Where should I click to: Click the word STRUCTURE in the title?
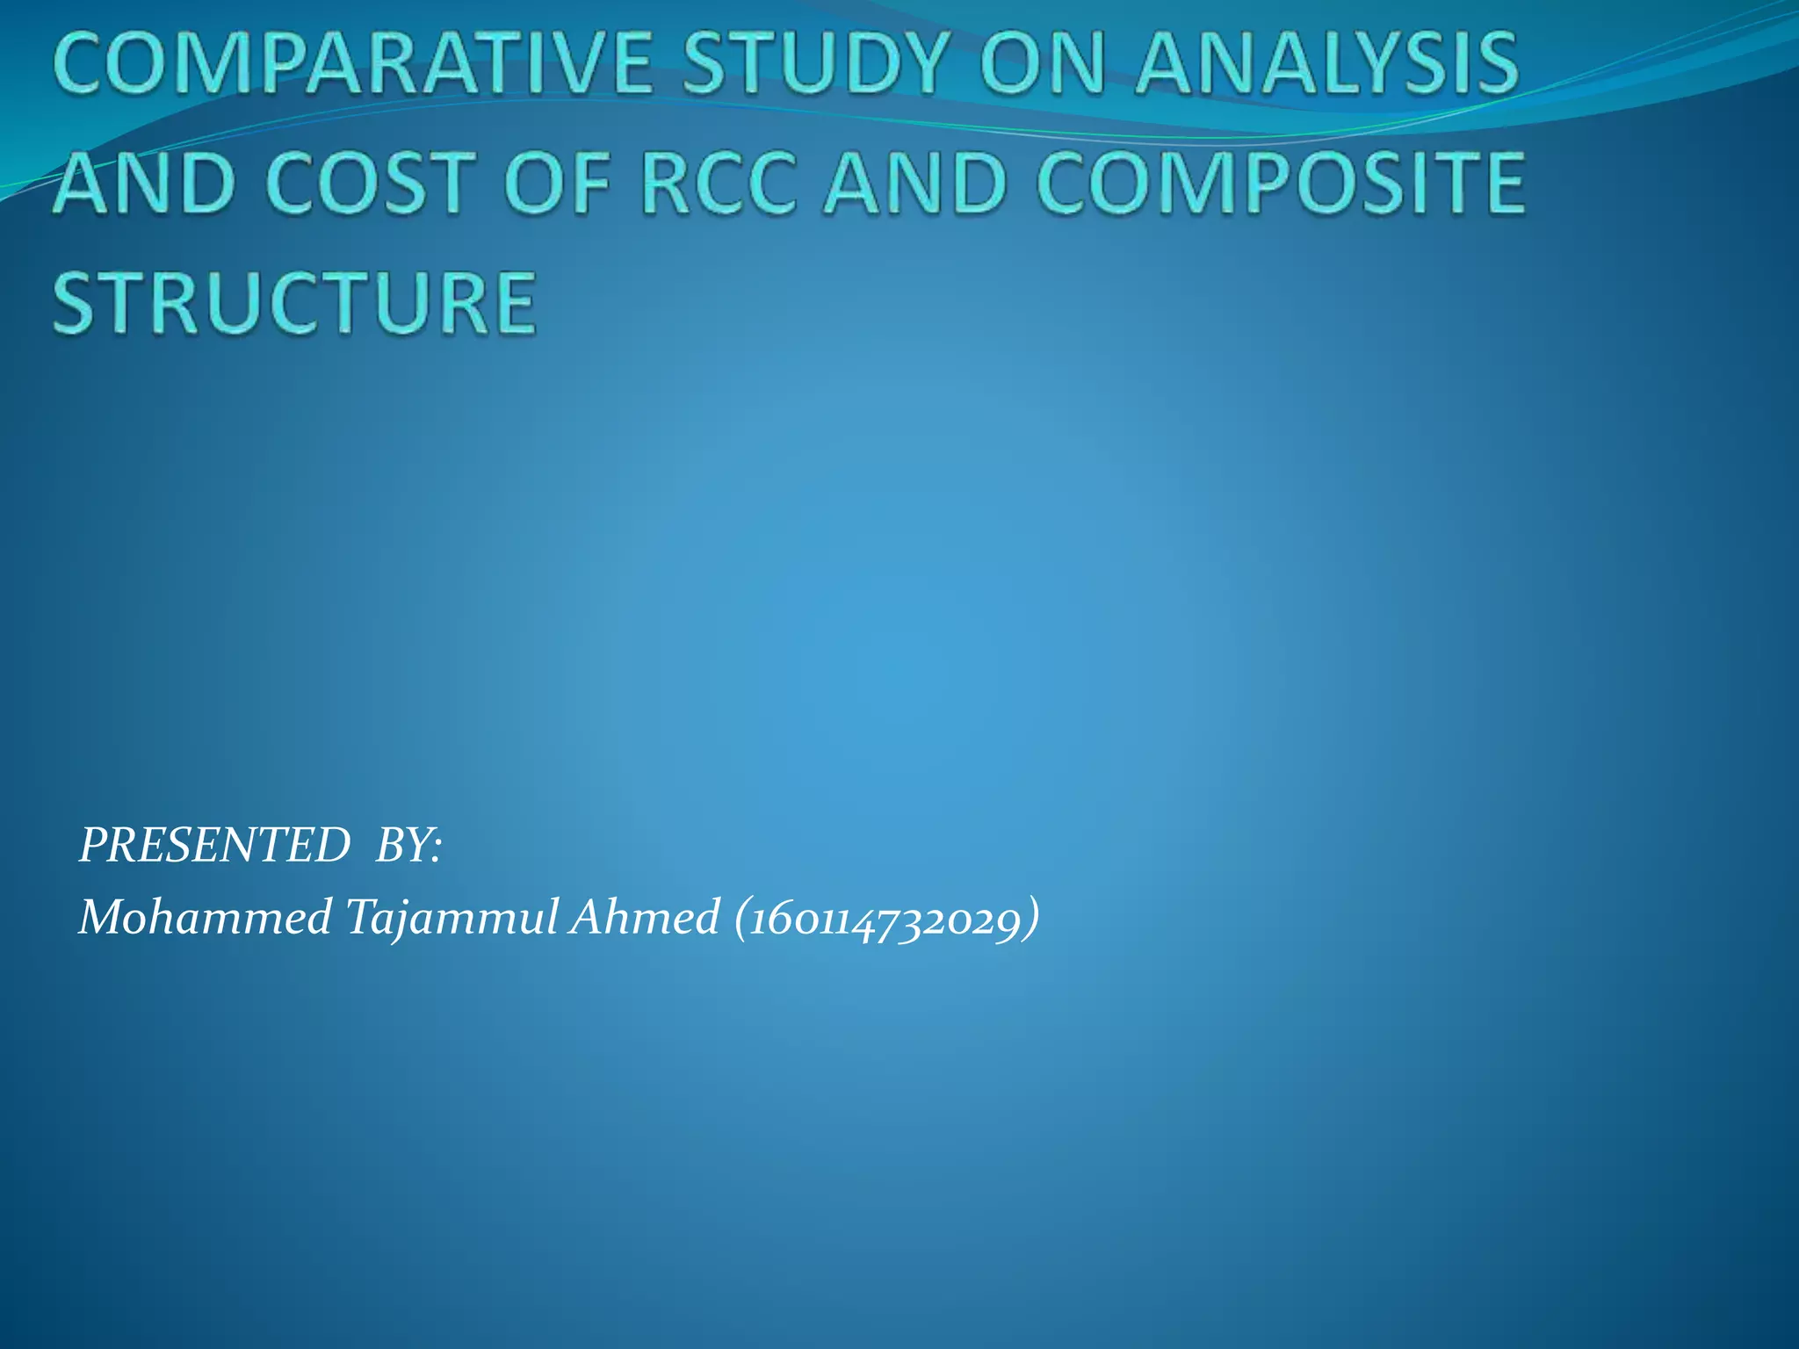point(295,303)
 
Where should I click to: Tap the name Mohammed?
point(206,918)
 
